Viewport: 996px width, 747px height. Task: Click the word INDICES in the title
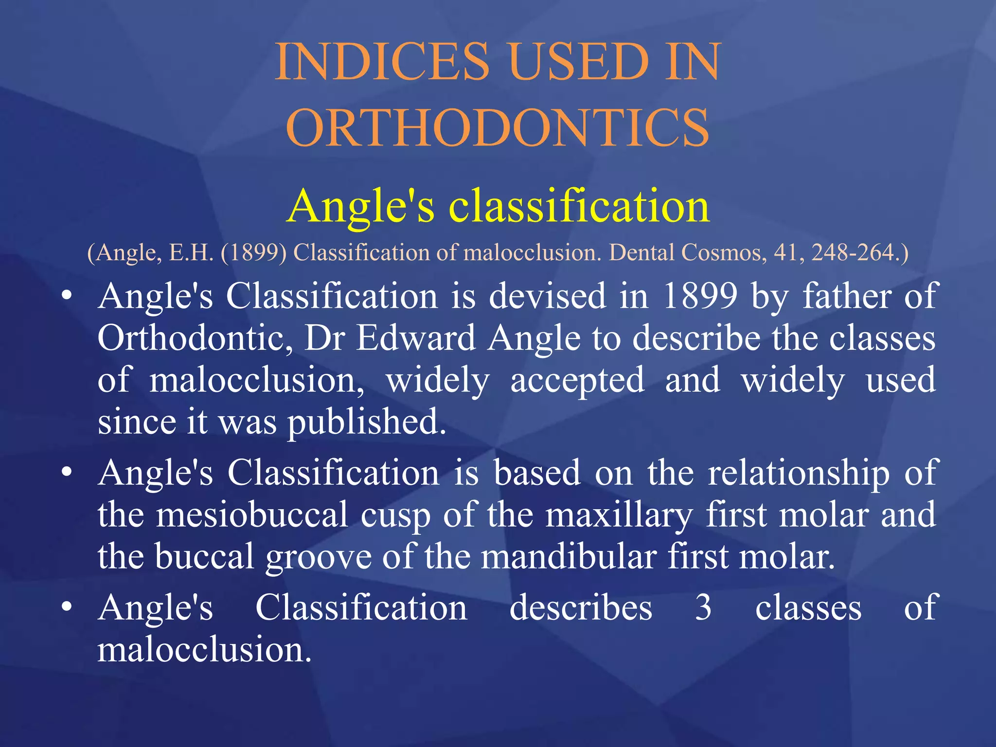[x=382, y=62]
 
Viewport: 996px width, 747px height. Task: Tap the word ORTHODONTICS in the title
[x=498, y=128]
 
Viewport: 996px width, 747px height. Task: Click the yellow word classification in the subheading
[x=579, y=206]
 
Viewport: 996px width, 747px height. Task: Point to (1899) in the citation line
[x=253, y=252]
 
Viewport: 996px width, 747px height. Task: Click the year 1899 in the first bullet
[x=701, y=296]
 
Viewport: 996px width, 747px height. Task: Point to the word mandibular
[x=569, y=556]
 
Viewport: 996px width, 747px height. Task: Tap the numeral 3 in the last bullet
[x=703, y=607]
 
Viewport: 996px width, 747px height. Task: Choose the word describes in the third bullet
[x=581, y=607]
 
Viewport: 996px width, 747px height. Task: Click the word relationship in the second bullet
[x=798, y=473]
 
